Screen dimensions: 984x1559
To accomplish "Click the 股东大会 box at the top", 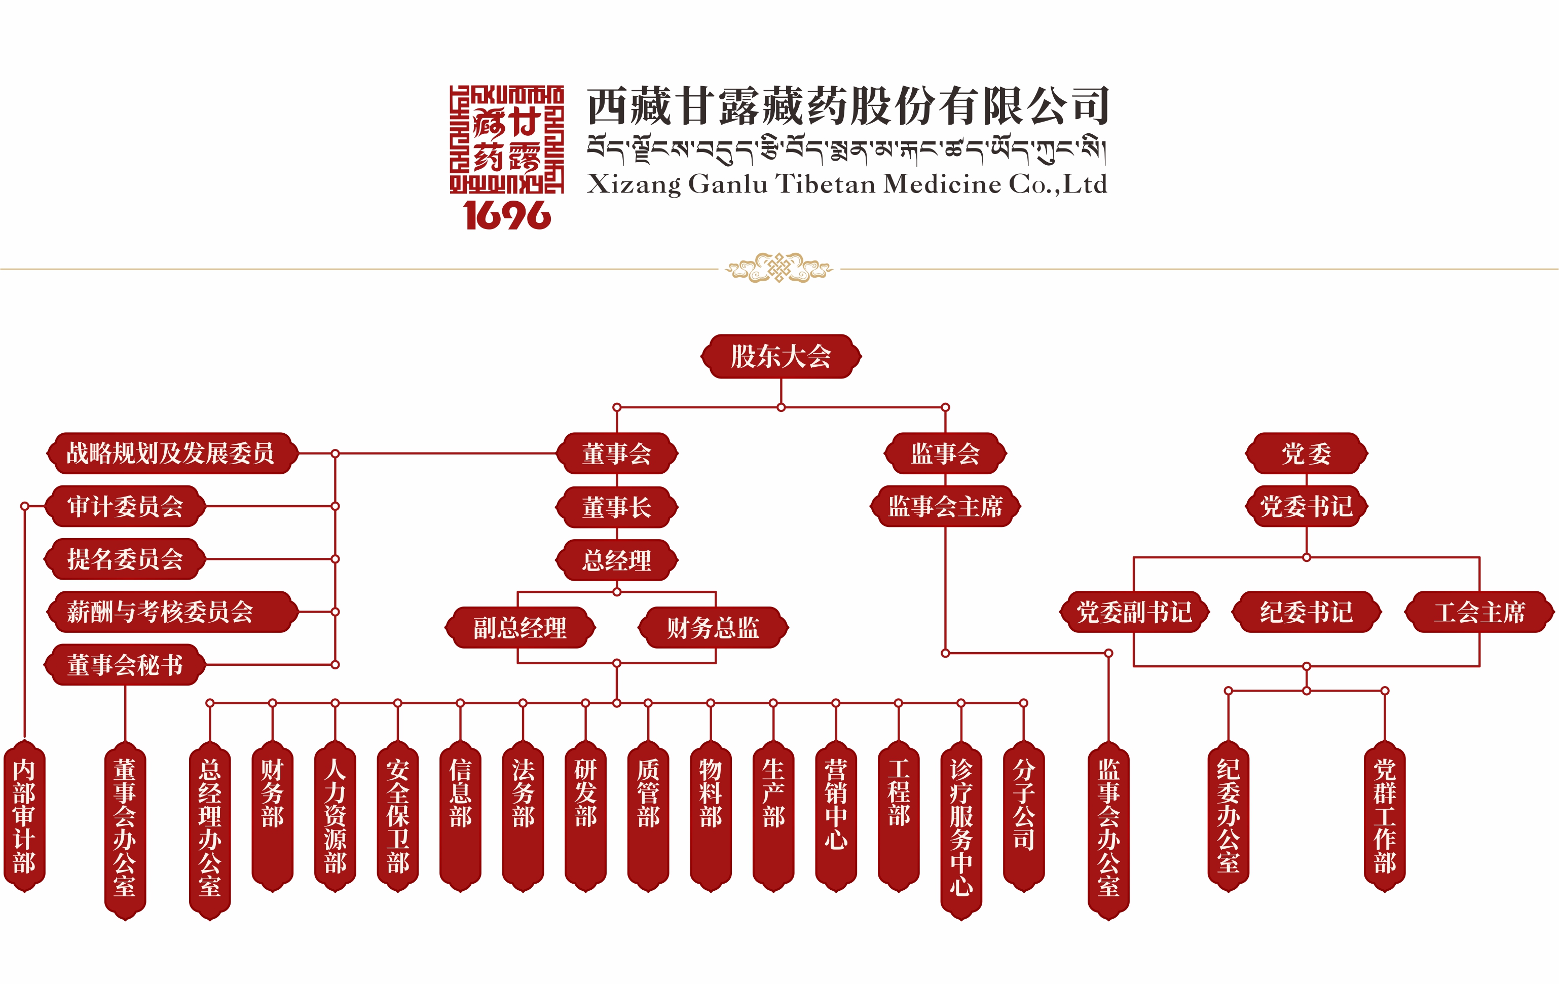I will point(781,357).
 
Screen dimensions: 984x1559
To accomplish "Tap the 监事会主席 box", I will point(945,506).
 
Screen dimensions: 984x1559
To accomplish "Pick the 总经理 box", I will point(616,560).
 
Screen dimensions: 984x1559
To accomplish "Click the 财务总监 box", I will point(713,627).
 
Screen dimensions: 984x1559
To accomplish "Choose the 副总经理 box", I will point(520,627).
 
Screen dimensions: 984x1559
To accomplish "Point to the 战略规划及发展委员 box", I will point(171,453).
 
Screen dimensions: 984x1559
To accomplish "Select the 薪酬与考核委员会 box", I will point(171,612).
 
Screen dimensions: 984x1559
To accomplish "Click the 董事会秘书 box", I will point(125,665).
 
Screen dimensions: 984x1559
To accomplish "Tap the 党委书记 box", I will point(1306,506).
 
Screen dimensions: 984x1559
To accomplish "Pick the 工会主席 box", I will point(1479,612).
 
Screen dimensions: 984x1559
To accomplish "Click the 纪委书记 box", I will point(1306,612).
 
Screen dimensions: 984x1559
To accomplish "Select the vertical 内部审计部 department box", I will point(25,816).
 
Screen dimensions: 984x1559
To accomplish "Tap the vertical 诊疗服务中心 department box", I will point(961,828).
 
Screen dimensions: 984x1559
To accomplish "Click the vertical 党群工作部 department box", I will point(1384,816).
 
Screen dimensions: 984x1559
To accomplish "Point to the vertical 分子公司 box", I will point(1024,806).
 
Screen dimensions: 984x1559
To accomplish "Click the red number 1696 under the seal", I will point(507,215).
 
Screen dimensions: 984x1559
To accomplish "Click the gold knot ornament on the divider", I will point(779,268).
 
